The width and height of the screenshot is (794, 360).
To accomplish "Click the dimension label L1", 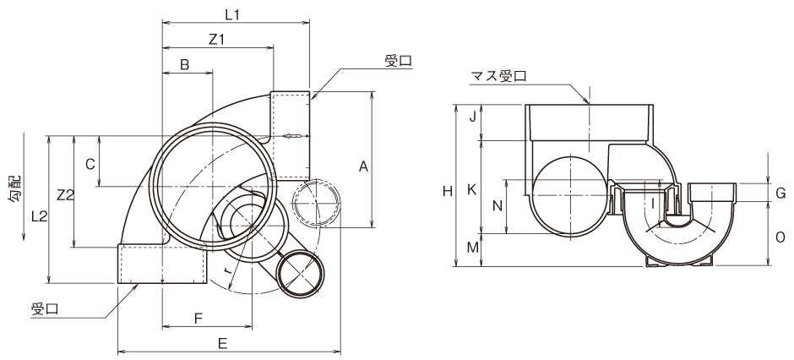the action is click(x=232, y=15).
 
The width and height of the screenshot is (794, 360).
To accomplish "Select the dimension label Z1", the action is click(x=216, y=40).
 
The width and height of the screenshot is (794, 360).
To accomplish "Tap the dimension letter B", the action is click(x=185, y=64).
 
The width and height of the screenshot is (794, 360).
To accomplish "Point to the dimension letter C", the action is click(x=90, y=164).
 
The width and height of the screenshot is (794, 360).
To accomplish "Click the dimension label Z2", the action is click(x=65, y=194).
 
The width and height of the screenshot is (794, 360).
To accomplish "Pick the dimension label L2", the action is click(x=39, y=216).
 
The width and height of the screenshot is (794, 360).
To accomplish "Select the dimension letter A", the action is click(x=363, y=166).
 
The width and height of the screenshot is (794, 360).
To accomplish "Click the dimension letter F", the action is click(x=198, y=318).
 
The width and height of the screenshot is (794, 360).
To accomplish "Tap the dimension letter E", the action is click(x=222, y=343).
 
